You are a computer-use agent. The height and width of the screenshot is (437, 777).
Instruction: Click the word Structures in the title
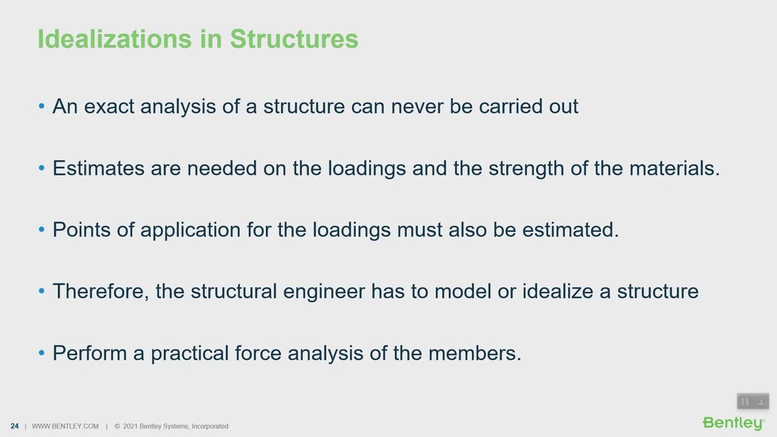tap(294, 39)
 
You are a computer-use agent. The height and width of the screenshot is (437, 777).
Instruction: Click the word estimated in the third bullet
tap(570, 229)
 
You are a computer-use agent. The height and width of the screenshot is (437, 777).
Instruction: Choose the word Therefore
tap(101, 291)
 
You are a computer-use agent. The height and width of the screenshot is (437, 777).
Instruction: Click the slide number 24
tap(15, 426)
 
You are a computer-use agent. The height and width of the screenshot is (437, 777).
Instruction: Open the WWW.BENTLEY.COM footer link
tap(65, 426)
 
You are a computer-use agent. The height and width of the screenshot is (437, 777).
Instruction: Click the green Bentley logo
tap(733, 423)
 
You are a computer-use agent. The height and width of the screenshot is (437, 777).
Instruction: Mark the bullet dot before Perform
tap(41, 353)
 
